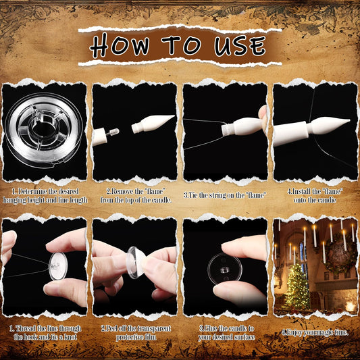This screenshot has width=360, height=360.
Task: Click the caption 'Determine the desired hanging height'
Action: coord(45,197)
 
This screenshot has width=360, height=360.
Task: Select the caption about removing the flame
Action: coord(135,197)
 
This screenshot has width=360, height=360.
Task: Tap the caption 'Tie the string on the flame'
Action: coord(225,194)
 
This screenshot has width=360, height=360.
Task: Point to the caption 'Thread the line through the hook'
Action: coord(45,333)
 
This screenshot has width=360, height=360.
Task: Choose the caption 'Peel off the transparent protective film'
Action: coord(135,333)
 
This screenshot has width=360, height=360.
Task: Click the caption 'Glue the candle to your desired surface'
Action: coord(225,333)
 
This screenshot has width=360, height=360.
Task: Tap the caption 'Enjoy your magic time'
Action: coord(315,331)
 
